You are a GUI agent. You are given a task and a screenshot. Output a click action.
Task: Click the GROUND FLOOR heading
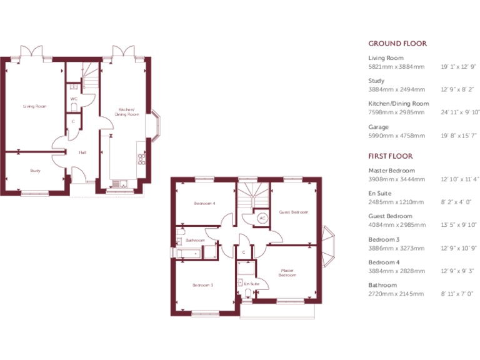pos(397,44)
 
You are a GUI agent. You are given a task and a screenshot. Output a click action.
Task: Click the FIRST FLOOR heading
pos(391,156)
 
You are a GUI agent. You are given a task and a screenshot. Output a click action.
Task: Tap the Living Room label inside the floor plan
pos(35,106)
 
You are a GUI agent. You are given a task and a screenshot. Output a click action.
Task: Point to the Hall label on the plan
pos(82,152)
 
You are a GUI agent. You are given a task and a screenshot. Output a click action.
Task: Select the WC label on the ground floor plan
pos(73,99)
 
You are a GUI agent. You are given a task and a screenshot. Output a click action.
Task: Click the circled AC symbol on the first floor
pos(262,218)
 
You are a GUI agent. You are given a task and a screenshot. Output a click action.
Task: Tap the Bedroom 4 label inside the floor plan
pos(204,203)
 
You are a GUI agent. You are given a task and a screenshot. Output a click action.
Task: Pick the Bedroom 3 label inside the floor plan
pos(202,285)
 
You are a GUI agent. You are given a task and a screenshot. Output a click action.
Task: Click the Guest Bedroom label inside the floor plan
pos(293,212)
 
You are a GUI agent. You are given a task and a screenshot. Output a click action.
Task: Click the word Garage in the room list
pos(378,127)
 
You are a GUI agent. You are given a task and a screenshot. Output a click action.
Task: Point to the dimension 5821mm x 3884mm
pos(396,66)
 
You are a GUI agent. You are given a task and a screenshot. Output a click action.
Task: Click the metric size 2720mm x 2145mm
pos(396,294)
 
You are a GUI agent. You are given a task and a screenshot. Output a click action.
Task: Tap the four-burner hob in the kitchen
pos(141,159)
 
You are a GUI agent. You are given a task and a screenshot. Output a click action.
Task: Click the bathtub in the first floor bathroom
pos(187,252)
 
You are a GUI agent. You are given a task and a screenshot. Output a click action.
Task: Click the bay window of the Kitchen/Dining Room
pos(156,124)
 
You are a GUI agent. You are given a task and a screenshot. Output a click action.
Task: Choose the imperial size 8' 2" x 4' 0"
pos(456,202)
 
